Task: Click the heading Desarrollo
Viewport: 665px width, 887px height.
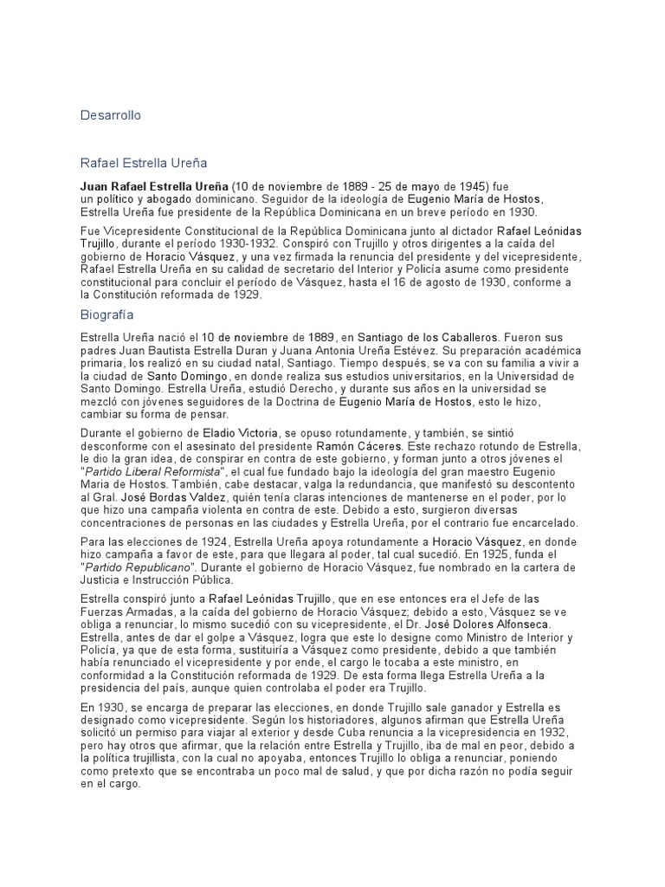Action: (110, 114)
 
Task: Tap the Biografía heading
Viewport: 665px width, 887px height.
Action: (108, 315)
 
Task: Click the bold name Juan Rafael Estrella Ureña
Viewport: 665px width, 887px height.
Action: (154, 186)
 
